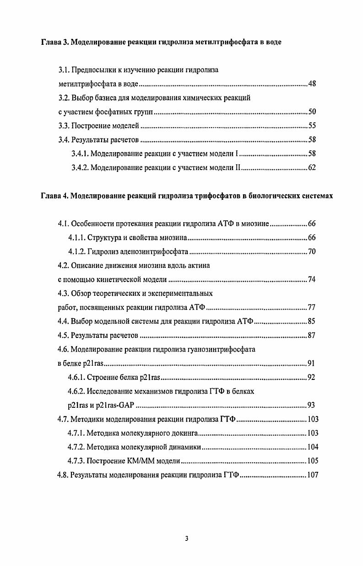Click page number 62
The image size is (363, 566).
tap(312, 167)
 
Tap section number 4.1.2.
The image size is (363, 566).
tap(76, 251)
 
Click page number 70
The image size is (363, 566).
tap(312, 251)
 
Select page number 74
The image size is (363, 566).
tap(312, 279)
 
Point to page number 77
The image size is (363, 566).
tap(312, 307)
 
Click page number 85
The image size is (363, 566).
tap(312, 321)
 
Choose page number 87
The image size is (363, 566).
tap(312, 336)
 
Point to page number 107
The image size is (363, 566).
tap(313, 475)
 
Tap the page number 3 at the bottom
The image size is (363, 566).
tap(186, 538)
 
